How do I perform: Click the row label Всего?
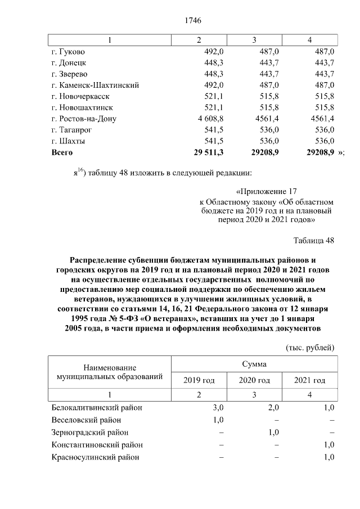(62, 152)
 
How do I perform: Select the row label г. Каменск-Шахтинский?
(95, 85)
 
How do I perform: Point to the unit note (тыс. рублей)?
(310, 347)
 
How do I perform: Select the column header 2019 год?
(199, 381)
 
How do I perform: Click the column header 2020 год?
(254, 381)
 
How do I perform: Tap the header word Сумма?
(254, 364)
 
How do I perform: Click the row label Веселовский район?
(85, 420)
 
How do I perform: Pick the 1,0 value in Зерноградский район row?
(274, 433)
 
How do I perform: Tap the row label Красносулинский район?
(95, 457)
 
